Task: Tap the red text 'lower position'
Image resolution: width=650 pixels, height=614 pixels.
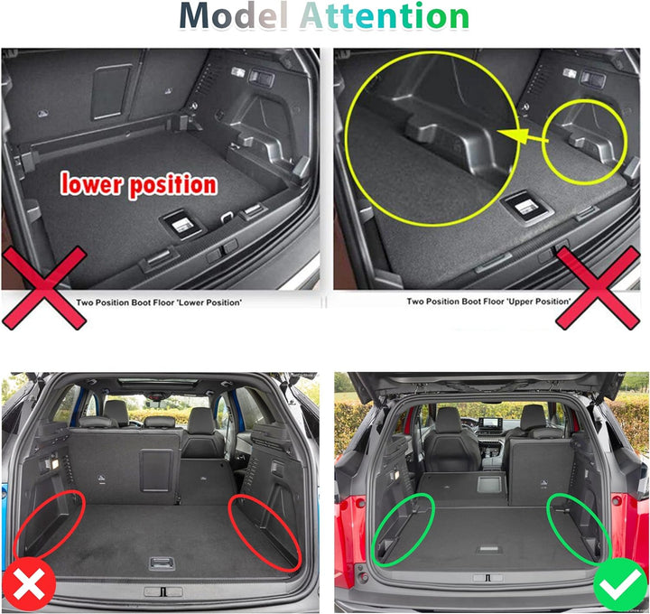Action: pos(139,185)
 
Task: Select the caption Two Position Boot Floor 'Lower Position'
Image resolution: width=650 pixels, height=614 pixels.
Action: pos(159,302)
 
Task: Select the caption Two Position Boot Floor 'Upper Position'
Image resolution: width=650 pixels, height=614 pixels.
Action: pos(488,302)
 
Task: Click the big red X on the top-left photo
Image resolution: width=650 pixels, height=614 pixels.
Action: pos(43,288)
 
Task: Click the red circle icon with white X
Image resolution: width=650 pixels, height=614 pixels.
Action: pos(30,586)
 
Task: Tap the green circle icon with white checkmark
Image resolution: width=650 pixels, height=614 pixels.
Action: pos(619,586)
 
